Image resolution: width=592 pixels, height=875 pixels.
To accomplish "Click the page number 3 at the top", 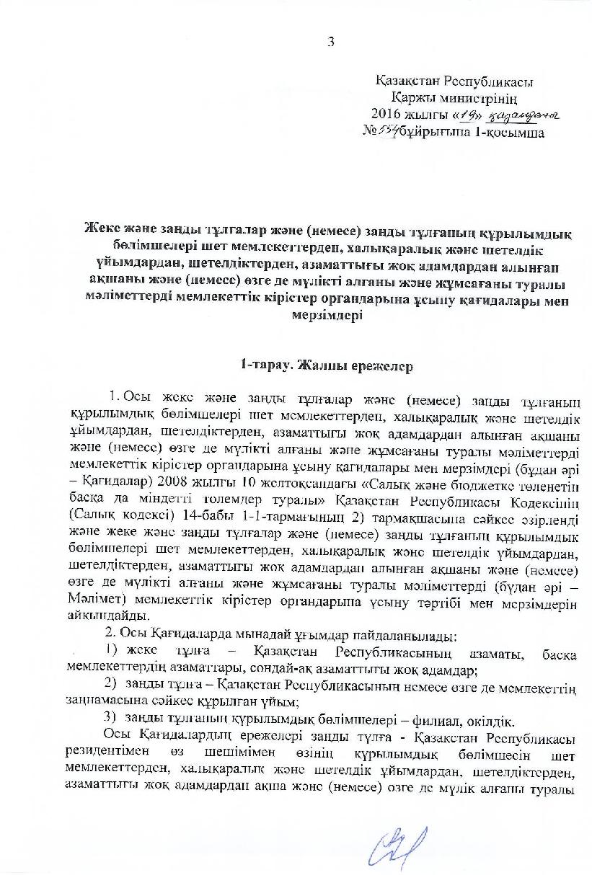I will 331,42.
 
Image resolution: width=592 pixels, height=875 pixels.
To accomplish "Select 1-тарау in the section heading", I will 264,366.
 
